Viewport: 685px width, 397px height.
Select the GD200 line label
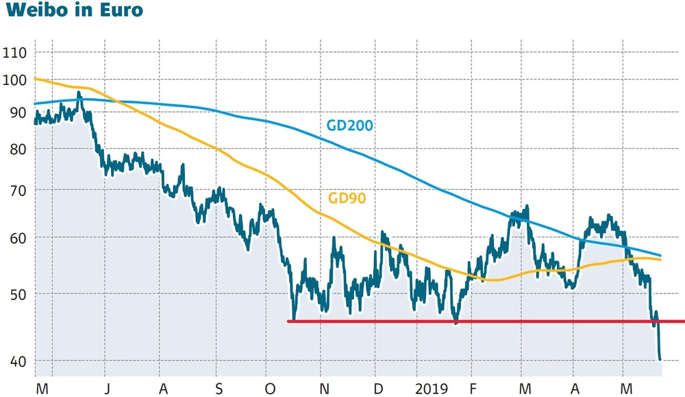[x=350, y=125]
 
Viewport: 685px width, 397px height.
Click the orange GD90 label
[x=347, y=199]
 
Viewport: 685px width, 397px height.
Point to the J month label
[x=105, y=389]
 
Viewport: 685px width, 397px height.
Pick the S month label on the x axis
[x=219, y=389]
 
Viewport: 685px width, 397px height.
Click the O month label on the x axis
[x=271, y=389]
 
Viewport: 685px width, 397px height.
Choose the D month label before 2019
[x=377, y=389]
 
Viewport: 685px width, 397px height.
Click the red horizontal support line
[x=480, y=321]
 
